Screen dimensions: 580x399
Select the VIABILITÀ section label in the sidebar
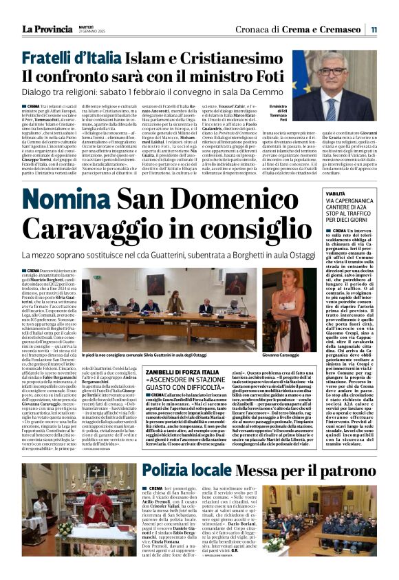pyautogui.click(x=335, y=196)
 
